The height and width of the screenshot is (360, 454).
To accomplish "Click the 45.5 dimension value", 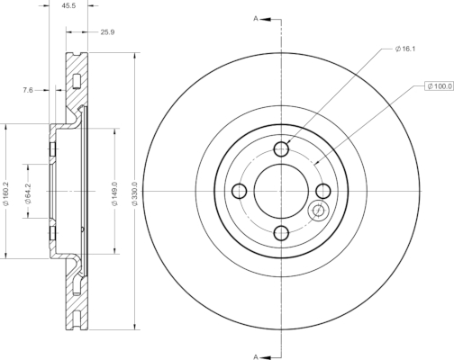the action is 68,5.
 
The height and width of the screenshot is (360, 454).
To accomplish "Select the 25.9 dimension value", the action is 107,31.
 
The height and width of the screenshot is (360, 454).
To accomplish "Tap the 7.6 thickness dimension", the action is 28,90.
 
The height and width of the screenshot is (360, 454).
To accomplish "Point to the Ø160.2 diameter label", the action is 5,193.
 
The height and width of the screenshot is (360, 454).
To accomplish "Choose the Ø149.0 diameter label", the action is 114,193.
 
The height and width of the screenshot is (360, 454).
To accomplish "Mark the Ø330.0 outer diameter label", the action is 135,193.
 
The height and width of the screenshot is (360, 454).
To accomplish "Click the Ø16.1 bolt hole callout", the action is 405,49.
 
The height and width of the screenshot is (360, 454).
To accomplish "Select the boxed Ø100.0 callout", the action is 439,86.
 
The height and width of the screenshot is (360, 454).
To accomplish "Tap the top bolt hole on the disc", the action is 281,148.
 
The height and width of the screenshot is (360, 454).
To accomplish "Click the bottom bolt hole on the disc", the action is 281,233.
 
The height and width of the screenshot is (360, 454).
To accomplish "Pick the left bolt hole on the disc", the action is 240,191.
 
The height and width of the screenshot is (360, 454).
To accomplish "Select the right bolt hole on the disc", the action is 323,191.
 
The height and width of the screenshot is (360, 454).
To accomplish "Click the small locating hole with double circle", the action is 318,211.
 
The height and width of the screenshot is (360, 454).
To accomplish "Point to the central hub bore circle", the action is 281,164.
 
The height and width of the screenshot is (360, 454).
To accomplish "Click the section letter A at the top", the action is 256,19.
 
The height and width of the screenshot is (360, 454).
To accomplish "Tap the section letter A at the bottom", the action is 256,356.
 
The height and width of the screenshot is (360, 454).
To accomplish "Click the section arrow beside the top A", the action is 266,20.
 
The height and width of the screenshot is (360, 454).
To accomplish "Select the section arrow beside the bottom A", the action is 266,357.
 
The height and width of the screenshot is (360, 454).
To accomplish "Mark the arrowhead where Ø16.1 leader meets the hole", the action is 287,142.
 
